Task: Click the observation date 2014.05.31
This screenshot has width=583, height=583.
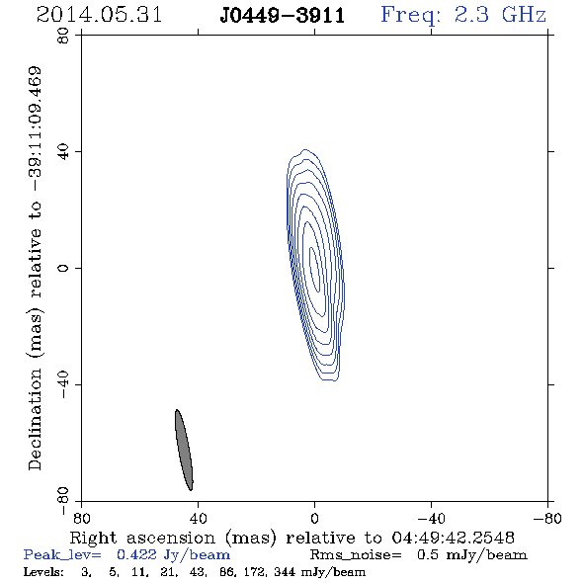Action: pos(99,15)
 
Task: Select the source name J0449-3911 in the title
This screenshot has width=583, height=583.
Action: pos(283,16)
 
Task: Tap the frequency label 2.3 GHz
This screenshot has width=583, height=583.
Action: pos(500,15)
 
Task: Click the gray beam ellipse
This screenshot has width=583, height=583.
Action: pos(184,450)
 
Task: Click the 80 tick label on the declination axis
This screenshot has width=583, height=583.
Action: pos(63,36)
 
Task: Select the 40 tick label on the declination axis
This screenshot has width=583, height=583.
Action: pos(63,152)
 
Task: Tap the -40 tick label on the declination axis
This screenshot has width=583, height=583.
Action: pos(63,384)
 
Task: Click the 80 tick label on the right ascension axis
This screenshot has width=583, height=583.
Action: pos(81,518)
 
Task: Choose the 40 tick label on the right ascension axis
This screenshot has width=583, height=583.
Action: pos(198,518)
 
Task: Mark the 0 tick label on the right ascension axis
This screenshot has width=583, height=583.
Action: pos(314,518)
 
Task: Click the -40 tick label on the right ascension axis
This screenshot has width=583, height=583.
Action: pos(431,518)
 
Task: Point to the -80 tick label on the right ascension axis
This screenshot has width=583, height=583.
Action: pos(547,518)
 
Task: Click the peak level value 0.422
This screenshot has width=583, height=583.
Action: pos(136,554)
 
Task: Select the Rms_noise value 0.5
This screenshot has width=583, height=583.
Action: pos(428,554)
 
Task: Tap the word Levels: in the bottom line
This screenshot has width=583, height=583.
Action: pos(43,572)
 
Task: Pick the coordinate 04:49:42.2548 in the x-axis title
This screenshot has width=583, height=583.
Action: pos(454,538)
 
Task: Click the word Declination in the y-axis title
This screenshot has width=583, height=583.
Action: pos(35,419)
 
